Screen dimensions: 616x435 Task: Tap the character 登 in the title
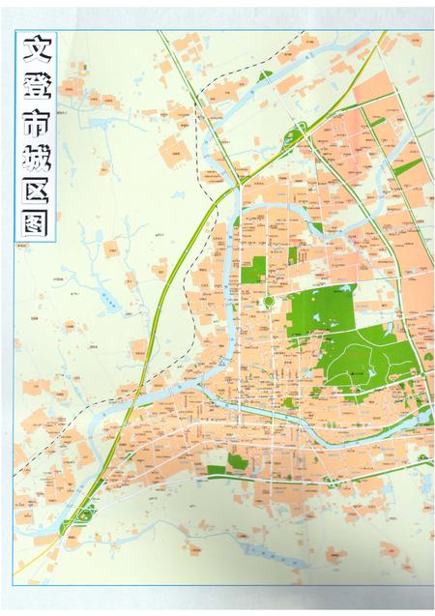[x=35, y=89]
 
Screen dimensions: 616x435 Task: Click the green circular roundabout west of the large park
[x=270, y=304]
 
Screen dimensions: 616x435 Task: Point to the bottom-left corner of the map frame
[x=13, y=585]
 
